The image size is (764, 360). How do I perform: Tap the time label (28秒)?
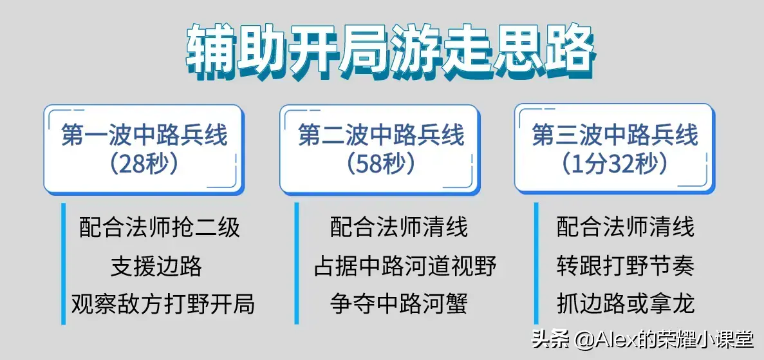(x=144, y=164)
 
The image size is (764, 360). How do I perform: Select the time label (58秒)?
(x=380, y=164)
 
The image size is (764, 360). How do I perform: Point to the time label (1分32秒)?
(x=614, y=164)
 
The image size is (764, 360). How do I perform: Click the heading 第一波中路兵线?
(x=144, y=136)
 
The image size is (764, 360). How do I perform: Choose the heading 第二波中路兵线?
(x=380, y=136)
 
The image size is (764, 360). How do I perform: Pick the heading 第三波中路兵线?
(x=615, y=136)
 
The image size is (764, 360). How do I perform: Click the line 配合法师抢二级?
(x=160, y=227)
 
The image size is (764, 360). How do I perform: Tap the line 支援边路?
(x=156, y=266)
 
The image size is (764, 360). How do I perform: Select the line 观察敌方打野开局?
(x=163, y=303)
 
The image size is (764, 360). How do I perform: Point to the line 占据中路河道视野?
(x=405, y=266)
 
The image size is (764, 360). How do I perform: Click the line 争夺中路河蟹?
(x=399, y=303)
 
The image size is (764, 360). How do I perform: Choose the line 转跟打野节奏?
(x=626, y=266)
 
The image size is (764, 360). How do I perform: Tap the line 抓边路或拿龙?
(x=626, y=303)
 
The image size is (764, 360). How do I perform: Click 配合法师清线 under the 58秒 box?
(x=399, y=227)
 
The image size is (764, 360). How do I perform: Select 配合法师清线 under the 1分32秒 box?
(x=626, y=227)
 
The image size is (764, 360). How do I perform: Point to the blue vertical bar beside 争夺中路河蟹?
(x=297, y=303)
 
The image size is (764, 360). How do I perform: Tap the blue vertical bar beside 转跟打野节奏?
(x=536, y=266)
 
